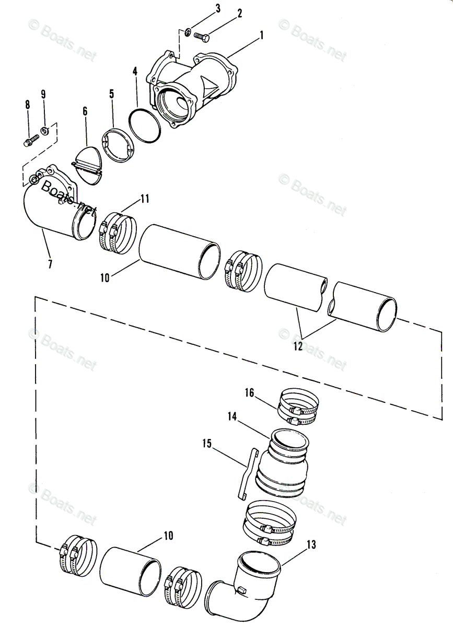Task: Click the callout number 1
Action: point(261,36)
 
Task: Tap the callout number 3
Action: point(217,8)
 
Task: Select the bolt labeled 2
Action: point(201,37)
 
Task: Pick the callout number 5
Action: point(112,94)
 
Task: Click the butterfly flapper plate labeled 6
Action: point(87,165)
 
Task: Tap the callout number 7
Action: point(50,264)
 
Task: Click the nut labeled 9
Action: point(45,131)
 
